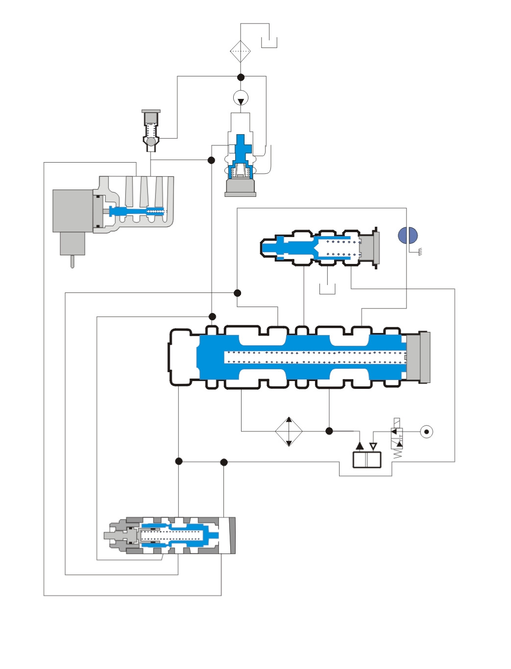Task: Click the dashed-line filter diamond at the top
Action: coord(241,51)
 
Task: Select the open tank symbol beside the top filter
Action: coord(269,43)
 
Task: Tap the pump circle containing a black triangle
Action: coord(241,98)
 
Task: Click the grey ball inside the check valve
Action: coord(151,142)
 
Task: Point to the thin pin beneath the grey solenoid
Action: coord(73,262)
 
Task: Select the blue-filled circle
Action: coord(408,236)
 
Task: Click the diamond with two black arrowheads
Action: coord(289,431)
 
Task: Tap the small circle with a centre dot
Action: coord(427,431)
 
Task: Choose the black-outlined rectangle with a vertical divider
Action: coord(367,460)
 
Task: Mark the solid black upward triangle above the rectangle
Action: coord(360,446)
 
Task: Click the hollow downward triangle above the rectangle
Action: coord(373,446)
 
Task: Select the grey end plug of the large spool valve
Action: coord(418,357)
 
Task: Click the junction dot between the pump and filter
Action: coord(241,77)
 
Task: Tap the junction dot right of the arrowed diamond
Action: coord(329,431)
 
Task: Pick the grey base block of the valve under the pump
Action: coord(240,188)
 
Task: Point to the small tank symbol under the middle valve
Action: coord(327,289)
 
